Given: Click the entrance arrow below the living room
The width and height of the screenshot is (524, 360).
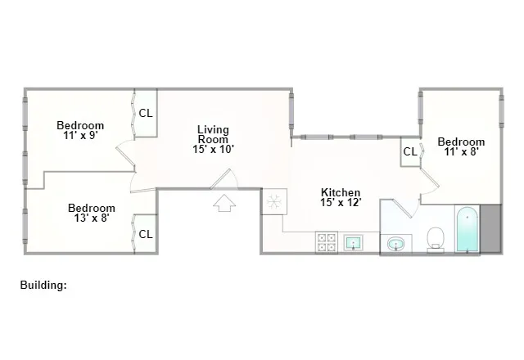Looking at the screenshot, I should pyautogui.click(x=224, y=203).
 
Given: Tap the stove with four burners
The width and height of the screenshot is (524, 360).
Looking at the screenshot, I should pyautogui.click(x=327, y=242).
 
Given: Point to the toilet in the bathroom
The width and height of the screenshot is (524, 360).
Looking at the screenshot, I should pyautogui.click(x=436, y=238).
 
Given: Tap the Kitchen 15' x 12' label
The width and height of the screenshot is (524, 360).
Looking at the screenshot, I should pyautogui.click(x=340, y=197).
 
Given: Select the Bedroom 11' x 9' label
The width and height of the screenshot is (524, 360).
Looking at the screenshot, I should pyautogui.click(x=80, y=130).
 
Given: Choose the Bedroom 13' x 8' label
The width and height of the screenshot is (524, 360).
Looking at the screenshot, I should pyautogui.click(x=91, y=213).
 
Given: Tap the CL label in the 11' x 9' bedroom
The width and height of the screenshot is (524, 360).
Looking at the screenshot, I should pyautogui.click(x=145, y=114).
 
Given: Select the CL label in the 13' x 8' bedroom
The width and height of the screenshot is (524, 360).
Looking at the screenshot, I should pyautogui.click(x=146, y=234).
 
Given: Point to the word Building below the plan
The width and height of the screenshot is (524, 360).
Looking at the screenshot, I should pyautogui.click(x=43, y=286).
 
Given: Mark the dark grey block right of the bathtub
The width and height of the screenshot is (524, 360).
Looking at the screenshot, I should pyautogui.click(x=491, y=230).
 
